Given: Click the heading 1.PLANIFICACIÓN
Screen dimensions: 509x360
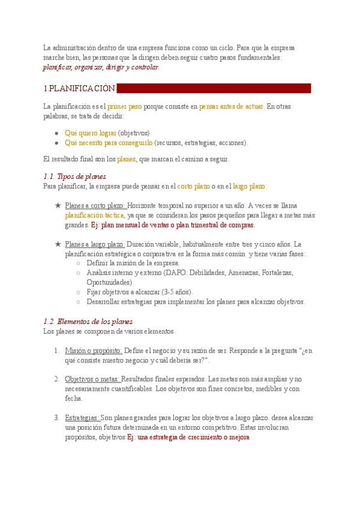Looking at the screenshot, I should pyautogui.click(x=79, y=89).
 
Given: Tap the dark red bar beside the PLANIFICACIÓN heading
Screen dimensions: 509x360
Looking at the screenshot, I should pyautogui.click(x=214, y=89).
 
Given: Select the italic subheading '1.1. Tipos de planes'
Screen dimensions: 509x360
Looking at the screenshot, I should pyautogui.click(x=75, y=176).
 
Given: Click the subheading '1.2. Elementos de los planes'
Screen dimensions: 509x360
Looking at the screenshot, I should pyautogui.click(x=88, y=322).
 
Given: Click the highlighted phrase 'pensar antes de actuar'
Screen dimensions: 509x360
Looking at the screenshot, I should pyautogui.click(x=231, y=106).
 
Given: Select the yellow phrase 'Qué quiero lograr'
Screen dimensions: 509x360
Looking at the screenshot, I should pyautogui.click(x=90, y=133).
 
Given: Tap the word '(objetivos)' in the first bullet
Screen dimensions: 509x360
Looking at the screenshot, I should pyautogui.click(x=134, y=133).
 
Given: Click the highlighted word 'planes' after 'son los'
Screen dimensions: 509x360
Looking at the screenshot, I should pyautogui.click(x=126, y=159).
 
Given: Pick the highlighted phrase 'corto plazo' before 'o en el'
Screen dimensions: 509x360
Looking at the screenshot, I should pyautogui.click(x=193, y=186).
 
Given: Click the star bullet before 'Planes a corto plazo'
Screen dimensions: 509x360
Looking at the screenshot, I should pyautogui.click(x=58, y=205).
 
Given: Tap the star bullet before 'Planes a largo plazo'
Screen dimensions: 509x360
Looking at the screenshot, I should pyautogui.click(x=58, y=244).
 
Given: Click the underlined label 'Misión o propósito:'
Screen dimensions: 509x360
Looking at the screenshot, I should pyautogui.click(x=94, y=351).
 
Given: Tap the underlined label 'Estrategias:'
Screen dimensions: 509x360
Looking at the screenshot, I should pyautogui.click(x=82, y=418).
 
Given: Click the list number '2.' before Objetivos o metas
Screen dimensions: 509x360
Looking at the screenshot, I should pyautogui.click(x=56, y=379).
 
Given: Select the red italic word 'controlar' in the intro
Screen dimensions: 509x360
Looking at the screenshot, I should pyautogui.click(x=145, y=67).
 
